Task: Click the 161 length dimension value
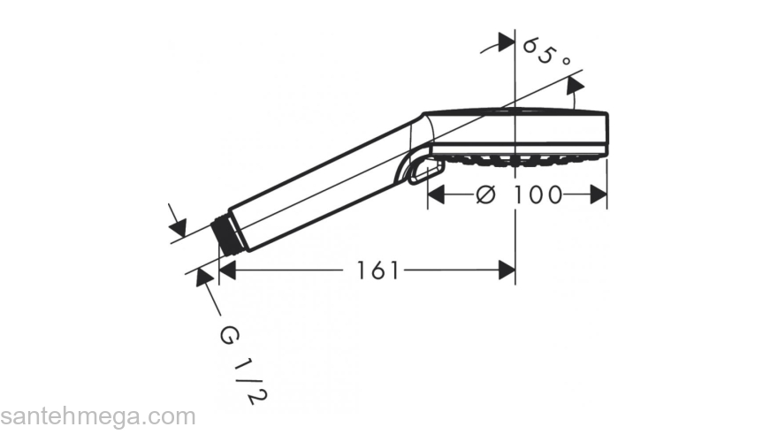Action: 378,271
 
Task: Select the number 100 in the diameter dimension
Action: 538,194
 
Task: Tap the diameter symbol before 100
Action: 485,194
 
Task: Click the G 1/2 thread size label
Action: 244,366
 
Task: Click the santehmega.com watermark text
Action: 98,416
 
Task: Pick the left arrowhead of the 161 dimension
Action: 226,271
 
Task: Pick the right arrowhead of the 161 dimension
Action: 507,271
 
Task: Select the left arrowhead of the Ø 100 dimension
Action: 436,194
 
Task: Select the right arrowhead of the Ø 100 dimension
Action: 599,194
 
